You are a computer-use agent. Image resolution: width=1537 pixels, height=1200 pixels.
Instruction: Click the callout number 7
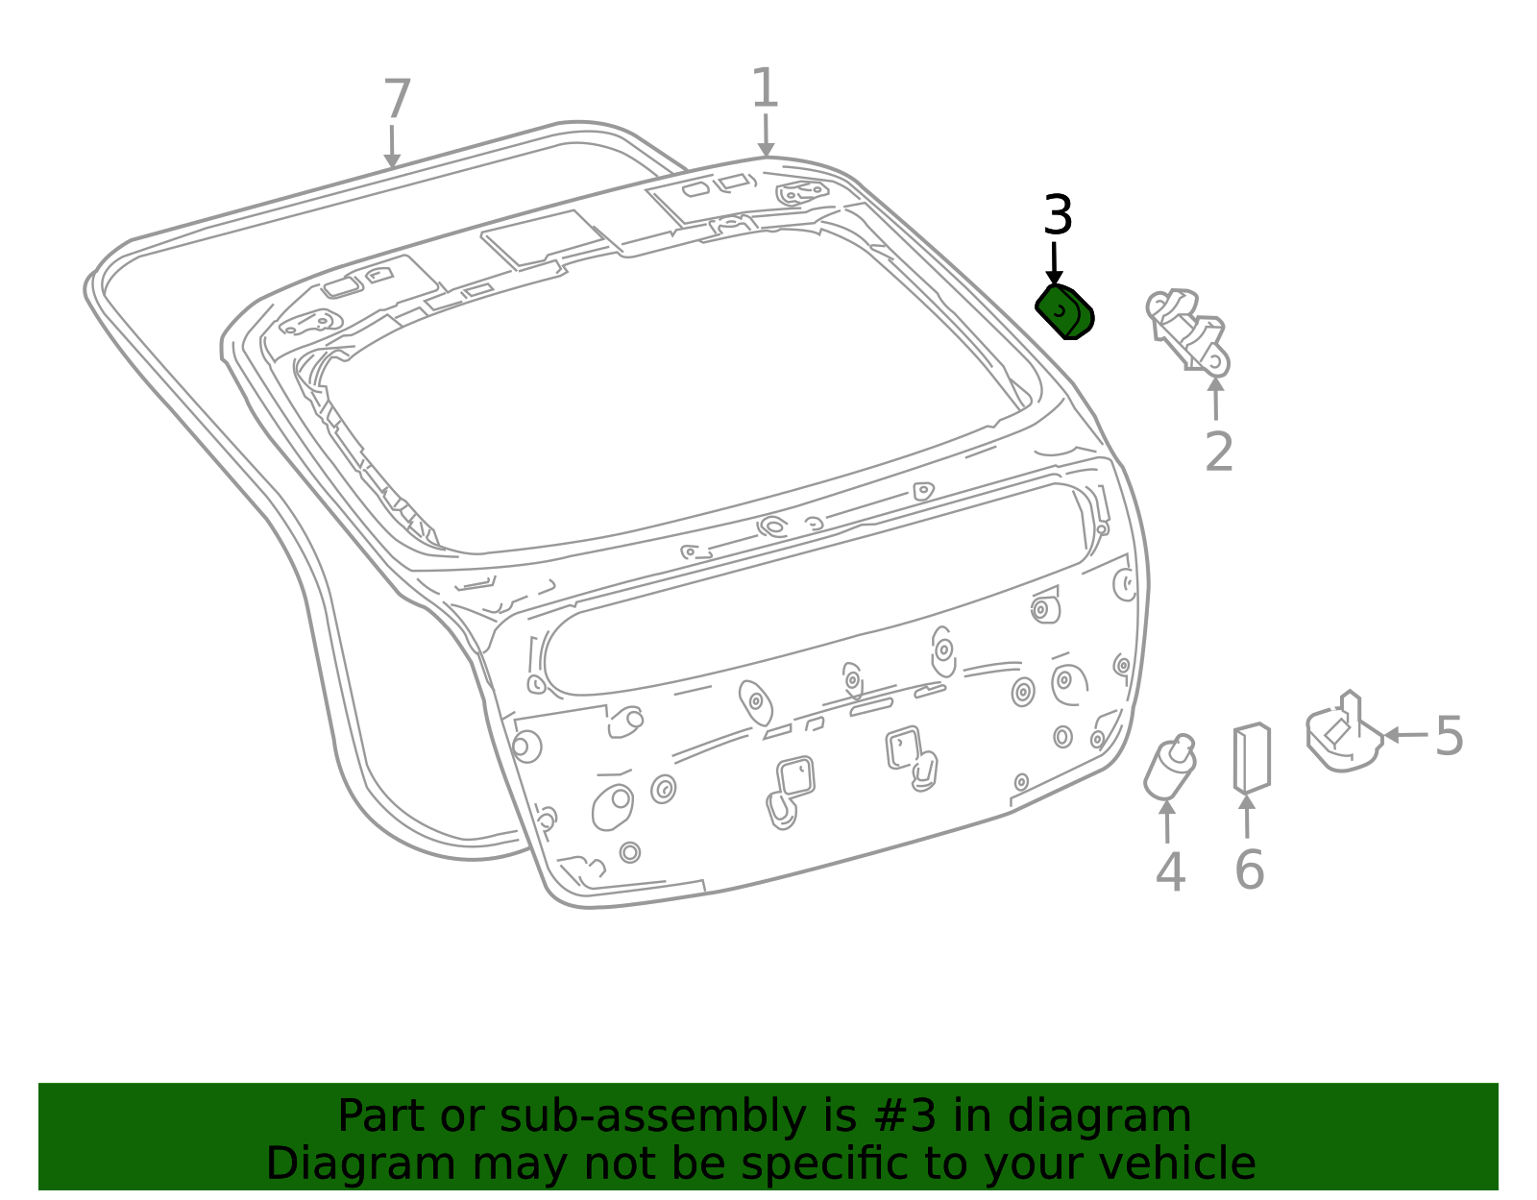coord(397,98)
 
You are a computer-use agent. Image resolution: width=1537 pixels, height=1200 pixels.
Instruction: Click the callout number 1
coord(765,87)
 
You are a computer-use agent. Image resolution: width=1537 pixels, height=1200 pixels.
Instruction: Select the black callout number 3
coord(1059,214)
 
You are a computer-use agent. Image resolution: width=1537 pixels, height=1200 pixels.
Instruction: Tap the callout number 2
coord(1219,452)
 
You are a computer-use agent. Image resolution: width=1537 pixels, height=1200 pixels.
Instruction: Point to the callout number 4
coord(1170,871)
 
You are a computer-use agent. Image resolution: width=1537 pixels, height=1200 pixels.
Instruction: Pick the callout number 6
coord(1249,870)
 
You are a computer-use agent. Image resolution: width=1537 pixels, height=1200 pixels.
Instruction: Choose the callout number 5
coord(1449,736)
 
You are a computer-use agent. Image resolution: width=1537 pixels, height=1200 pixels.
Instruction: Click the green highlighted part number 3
coord(1063,312)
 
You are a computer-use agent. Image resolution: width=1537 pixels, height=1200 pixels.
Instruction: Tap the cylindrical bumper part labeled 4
coord(1170,768)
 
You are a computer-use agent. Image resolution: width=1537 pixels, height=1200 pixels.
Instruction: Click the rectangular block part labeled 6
coord(1252,757)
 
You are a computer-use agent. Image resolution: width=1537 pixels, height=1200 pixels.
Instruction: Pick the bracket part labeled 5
coord(1344,733)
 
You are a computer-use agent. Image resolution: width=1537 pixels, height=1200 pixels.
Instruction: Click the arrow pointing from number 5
coord(1405,735)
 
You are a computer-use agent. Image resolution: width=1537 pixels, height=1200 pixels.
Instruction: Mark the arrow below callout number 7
coord(392,147)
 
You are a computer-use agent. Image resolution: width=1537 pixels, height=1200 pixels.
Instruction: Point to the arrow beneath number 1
coord(766,135)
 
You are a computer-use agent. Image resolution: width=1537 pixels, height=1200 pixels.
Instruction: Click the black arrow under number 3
coord(1054,264)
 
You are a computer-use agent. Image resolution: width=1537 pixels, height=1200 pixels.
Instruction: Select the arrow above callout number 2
coord(1215,399)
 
